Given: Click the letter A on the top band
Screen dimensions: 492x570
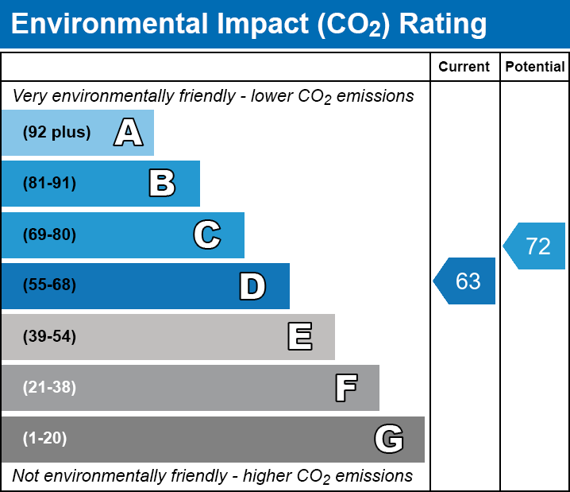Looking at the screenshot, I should pyautogui.click(x=129, y=133).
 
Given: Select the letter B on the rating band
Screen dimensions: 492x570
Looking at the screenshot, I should pyautogui.click(x=162, y=184).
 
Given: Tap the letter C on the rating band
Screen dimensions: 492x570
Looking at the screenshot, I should pyautogui.click(x=206, y=234).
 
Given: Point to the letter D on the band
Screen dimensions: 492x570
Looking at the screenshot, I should pyautogui.click(x=252, y=286).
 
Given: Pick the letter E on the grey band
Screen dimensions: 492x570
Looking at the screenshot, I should pyautogui.click(x=299, y=337).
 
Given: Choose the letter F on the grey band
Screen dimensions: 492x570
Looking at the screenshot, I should pyautogui.click(x=345, y=388).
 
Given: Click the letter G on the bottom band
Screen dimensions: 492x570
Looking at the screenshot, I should pyautogui.click(x=389, y=439).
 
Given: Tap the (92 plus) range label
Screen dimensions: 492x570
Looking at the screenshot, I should pyautogui.click(x=56, y=133).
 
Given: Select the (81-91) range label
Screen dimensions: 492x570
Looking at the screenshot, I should pyautogui.click(x=49, y=184).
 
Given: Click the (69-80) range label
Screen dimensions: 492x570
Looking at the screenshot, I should pyautogui.click(x=49, y=234).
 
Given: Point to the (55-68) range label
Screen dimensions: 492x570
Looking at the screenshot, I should pyautogui.click(x=49, y=285).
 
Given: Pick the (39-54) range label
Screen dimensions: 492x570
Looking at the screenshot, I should pyautogui.click(x=49, y=337).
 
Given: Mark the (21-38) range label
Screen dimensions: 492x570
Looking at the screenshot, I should pyautogui.click(x=49, y=388).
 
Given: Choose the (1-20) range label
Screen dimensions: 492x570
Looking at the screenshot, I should pyautogui.click(x=45, y=439).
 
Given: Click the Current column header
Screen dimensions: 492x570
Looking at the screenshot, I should pyautogui.click(x=464, y=67).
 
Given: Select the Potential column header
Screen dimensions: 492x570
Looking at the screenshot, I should pyautogui.click(x=535, y=67).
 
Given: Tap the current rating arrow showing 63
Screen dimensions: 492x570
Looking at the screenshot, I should pyautogui.click(x=466, y=281).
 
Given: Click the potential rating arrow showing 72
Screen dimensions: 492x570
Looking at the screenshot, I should pyautogui.click(x=536, y=246).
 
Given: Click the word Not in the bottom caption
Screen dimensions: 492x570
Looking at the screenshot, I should pyautogui.click(x=26, y=476).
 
